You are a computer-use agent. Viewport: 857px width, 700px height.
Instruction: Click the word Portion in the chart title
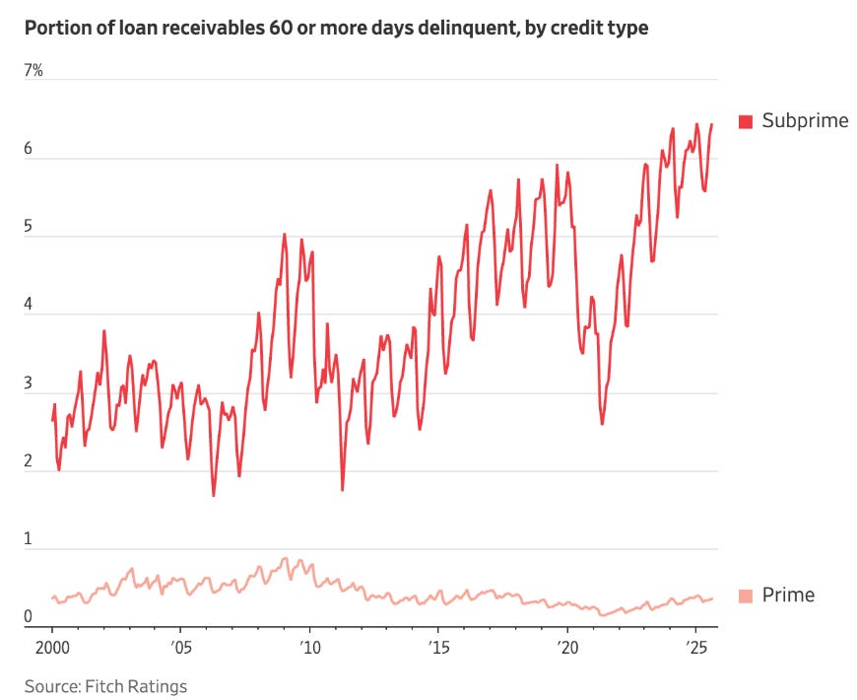coord(55,28)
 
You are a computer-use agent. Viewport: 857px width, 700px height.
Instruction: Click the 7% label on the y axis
coord(34,71)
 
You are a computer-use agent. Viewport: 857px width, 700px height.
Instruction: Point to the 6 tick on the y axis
coord(29,149)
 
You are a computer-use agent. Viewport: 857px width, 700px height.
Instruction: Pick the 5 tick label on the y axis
coord(29,227)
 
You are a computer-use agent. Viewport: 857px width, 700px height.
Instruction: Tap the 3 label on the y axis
coord(29,384)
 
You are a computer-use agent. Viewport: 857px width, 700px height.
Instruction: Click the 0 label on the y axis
coord(29,618)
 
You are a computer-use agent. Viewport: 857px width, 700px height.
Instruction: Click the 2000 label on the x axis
coord(52,650)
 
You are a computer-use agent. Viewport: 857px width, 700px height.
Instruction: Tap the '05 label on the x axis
coord(180,650)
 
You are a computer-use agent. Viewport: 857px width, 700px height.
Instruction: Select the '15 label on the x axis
coord(438,650)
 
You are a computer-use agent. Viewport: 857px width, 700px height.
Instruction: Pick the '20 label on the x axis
coord(567,650)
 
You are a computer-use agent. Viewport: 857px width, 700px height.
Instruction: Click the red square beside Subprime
coord(746,121)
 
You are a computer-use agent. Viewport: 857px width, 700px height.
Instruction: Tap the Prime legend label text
coord(789,595)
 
